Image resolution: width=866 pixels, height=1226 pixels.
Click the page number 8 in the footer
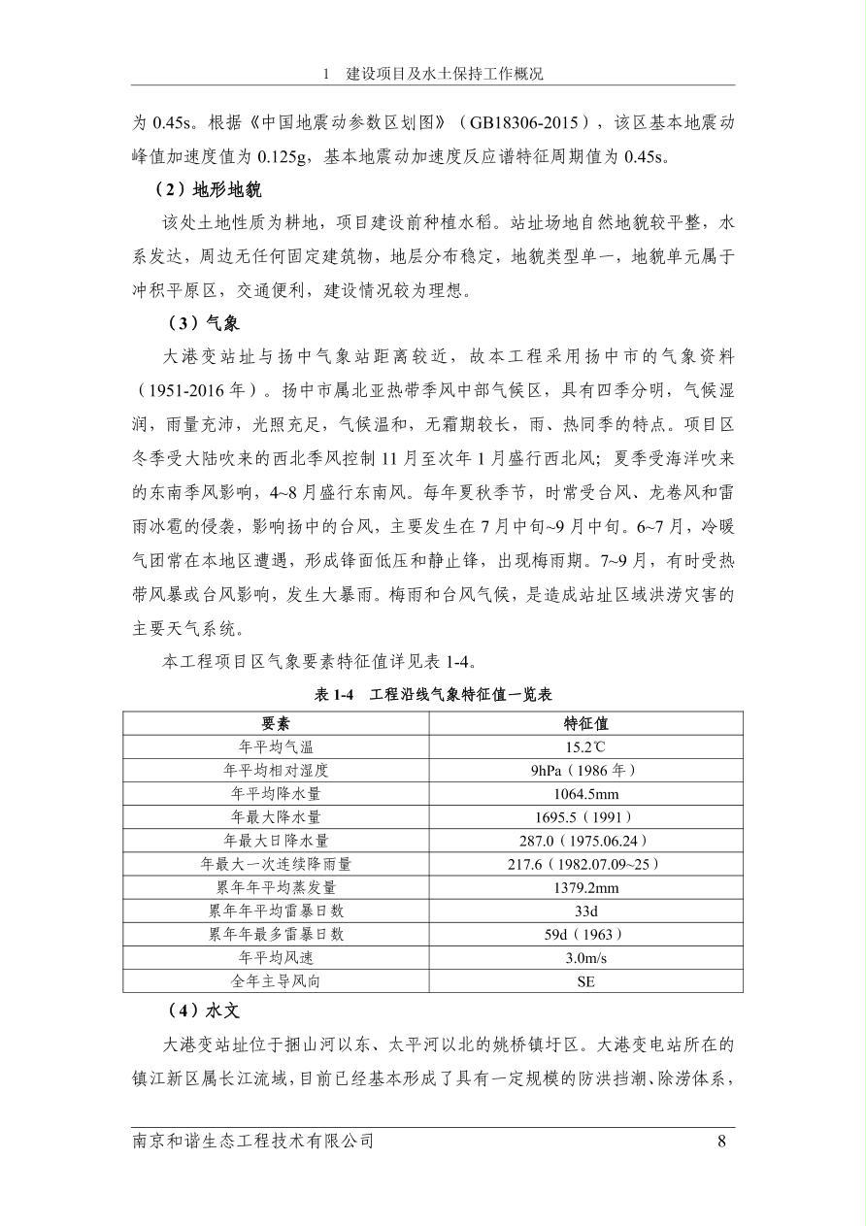(x=721, y=1141)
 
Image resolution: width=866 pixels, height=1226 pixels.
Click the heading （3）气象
(x=203, y=323)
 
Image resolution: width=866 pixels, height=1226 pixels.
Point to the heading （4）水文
(x=203, y=1011)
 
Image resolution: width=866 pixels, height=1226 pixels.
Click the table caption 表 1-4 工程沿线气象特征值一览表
(x=433, y=694)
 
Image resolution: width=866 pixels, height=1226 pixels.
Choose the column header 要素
(x=276, y=723)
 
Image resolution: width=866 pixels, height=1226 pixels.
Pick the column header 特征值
(x=585, y=723)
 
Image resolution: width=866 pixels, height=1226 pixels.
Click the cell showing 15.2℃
(x=585, y=746)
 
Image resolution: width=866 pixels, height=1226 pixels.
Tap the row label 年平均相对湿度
(x=276, y=770)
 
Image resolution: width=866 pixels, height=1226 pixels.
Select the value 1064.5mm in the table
(x=585, y=793)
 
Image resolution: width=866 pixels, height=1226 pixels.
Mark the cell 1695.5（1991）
(x=585, y=816)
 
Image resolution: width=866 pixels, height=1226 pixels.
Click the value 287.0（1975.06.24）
(x=585, y=841)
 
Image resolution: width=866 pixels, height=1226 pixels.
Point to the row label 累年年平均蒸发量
(x=276, y=887)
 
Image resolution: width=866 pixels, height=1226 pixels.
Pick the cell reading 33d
(x=585, y=911)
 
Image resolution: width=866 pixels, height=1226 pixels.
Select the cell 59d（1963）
(x=585, y=934)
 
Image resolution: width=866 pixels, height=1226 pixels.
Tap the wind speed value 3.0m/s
(x=585, y=957)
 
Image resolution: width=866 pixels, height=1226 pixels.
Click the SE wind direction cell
(x=585, y=980)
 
